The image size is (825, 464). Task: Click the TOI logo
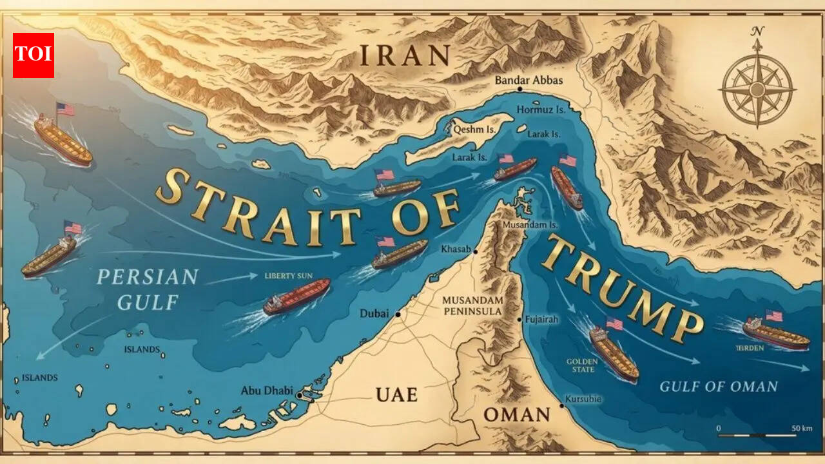click(x=34, y=55)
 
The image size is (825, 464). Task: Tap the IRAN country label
click(x=404, y=57)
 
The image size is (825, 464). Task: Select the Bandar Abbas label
click(x=529, y=81)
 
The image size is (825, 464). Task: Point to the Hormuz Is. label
click(x=541, y=110)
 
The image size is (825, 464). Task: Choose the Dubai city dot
click(x=398, y=314)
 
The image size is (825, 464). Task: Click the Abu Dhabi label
click(x=266, y=391)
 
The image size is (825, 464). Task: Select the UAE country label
click(x=396, y=394)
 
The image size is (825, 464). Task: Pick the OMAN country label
click(x=516, y=414)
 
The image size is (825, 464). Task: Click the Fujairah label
click(x=541, y=319)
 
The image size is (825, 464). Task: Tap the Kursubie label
click(x=583, y=399)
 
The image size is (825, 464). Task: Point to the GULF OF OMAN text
click(x=719, y=387)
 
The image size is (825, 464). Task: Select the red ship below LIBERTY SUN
click(x=296, y=296)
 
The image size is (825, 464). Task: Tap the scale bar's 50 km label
click(x=802, y=429)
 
